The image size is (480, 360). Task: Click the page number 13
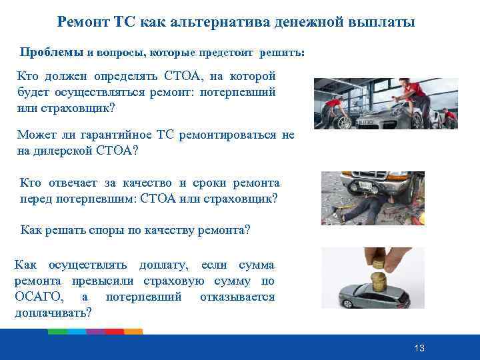coord(419,349)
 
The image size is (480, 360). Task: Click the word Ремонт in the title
coord(79,23)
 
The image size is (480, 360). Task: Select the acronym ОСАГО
coord(39,297)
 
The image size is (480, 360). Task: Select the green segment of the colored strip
coord(77,331)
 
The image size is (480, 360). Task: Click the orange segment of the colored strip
coord(133,331)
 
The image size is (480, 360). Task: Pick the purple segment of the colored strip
coord(96,331)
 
